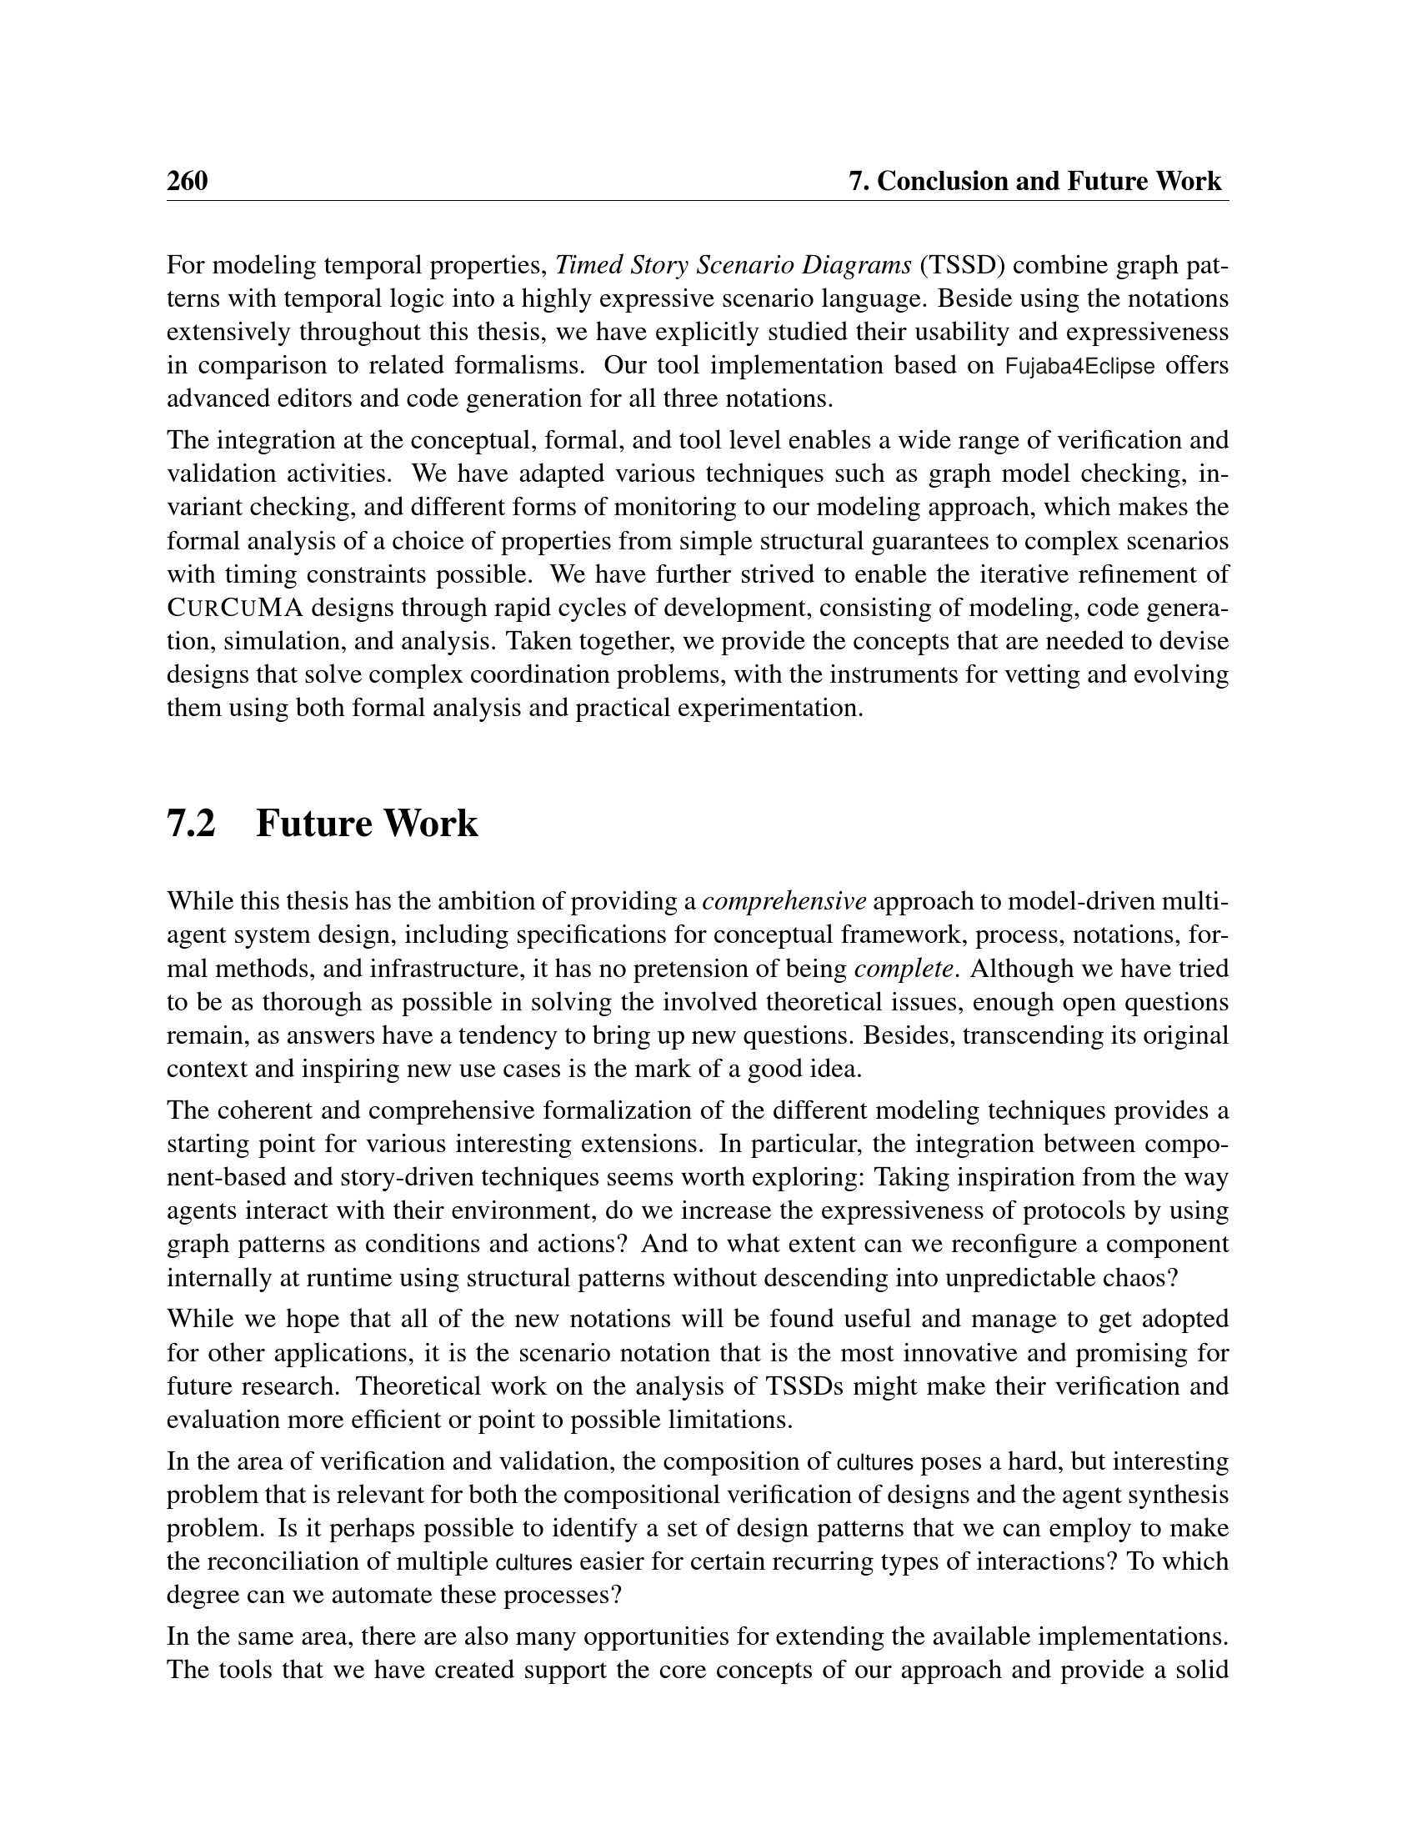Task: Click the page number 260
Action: pos(188,182)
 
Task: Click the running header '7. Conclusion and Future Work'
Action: pos(1035,182)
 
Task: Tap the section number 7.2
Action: pos(192,824)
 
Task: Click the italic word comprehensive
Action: pos(784,902)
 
